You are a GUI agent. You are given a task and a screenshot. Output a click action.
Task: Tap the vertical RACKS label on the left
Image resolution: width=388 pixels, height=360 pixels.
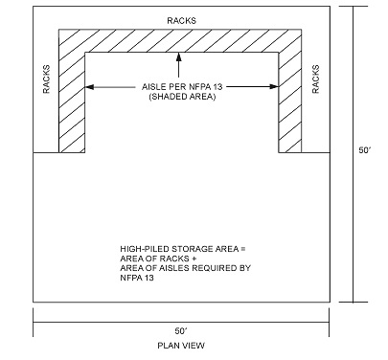pos(46,80)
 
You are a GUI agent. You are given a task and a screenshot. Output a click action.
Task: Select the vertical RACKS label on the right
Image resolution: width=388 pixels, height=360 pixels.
pos(315,80)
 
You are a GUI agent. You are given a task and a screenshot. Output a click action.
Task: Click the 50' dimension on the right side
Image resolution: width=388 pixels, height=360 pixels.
pos(365,152)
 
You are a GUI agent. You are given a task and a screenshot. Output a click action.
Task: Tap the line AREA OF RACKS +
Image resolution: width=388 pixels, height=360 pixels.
pos(152,259)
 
